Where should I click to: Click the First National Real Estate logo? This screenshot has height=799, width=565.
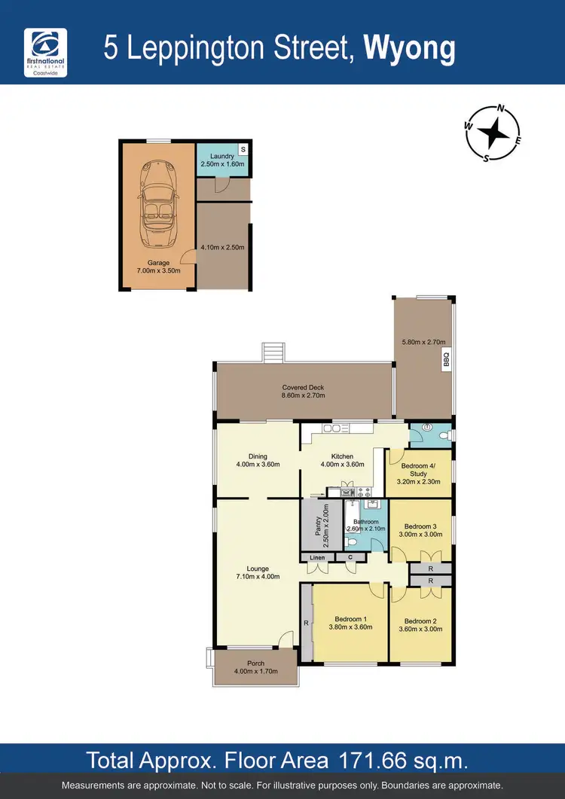pyautogui.click(x=46, y=52)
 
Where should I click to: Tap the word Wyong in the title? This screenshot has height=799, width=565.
pyautogui.click(x=410, y=49)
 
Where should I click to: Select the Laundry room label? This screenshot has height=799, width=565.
pyautogui.click(x=222, y=157)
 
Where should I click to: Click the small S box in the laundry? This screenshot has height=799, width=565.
pyautogui.click(x=243, y=148)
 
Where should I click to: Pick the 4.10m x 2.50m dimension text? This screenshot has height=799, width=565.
pyautogui.click(x=222, y=246)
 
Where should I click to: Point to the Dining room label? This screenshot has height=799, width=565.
pyautogui.click(x=258, y=456)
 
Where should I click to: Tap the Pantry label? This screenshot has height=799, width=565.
pyautogui.click(x=317, y=526)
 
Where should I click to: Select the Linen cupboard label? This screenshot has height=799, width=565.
pyautogui.click(x=316, y=557)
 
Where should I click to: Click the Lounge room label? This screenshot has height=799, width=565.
pyautogui.click(x=258, y=569)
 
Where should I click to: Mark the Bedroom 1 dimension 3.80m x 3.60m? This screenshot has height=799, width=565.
pyautogui.click(x=351, y=627)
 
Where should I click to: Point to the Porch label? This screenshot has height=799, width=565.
pyautogui.click(x=256, y=663)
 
